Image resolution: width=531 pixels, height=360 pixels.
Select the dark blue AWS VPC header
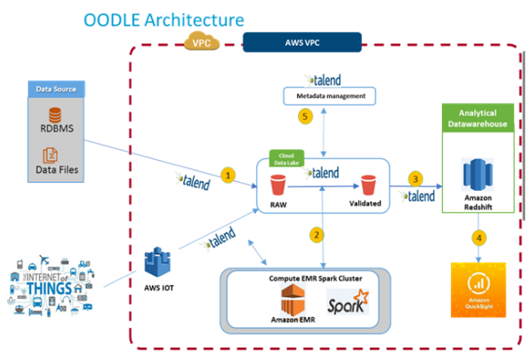pos(302,42)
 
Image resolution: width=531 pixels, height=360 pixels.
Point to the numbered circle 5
pos(306,117)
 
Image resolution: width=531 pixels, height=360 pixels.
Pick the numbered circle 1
pos(230,174)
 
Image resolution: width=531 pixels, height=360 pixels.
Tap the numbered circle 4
pos(478,239)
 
